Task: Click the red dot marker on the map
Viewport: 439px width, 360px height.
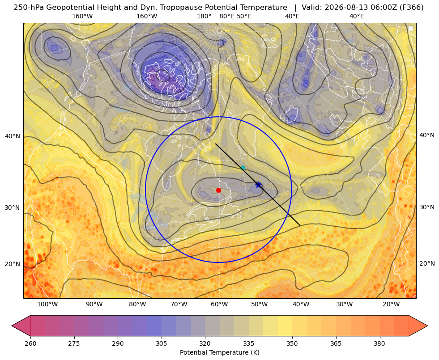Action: (x=219, y=190)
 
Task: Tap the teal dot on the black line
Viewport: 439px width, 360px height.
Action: (x=243, y=168)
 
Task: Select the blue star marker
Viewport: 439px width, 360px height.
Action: (x=258, y=185)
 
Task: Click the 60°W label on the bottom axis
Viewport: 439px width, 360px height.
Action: (x=219, y=305)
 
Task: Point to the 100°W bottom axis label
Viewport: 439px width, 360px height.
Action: (x=47, y=305)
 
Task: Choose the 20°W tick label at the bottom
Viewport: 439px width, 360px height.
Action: (x=391, y=305)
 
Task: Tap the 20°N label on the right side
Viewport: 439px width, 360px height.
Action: (x=427, y=263)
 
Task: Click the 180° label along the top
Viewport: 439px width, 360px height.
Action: (x=204, y=16)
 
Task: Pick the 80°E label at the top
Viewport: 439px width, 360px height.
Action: (x=227, y=16)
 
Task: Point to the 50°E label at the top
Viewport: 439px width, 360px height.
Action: (x=244, y=16)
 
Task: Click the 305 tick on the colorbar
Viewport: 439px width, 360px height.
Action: (x=161, y=343)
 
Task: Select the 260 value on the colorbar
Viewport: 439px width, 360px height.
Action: (x=30, y=343)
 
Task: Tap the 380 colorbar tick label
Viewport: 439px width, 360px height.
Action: (x=379, y=343)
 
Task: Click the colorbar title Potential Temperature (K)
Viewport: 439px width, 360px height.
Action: (x=219, y=352)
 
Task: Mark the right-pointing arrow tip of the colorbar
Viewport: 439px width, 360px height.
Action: (x=427, y=326)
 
